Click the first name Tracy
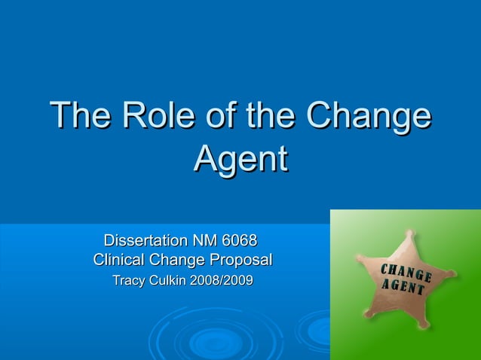click(129, 281)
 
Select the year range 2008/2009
click(225, 281)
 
